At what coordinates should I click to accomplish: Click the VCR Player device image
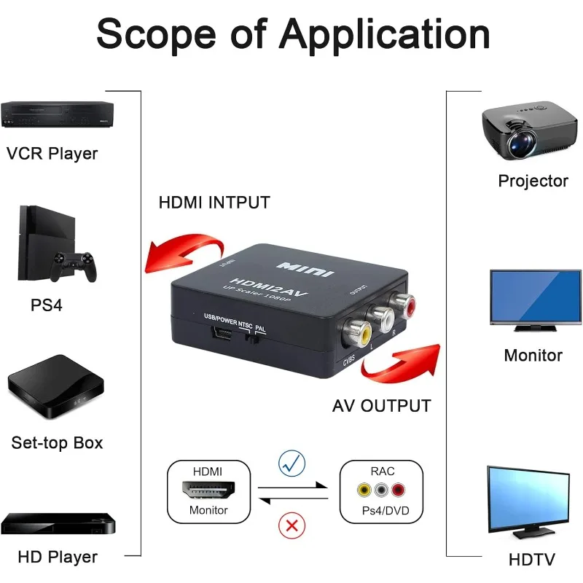(57, 115)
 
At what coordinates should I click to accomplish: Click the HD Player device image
(58, 524)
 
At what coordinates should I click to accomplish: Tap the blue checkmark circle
(293, 463)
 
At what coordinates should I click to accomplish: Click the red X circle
(293, 525)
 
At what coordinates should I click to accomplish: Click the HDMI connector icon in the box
(209, 490)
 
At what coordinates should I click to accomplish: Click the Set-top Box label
(57, 442)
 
